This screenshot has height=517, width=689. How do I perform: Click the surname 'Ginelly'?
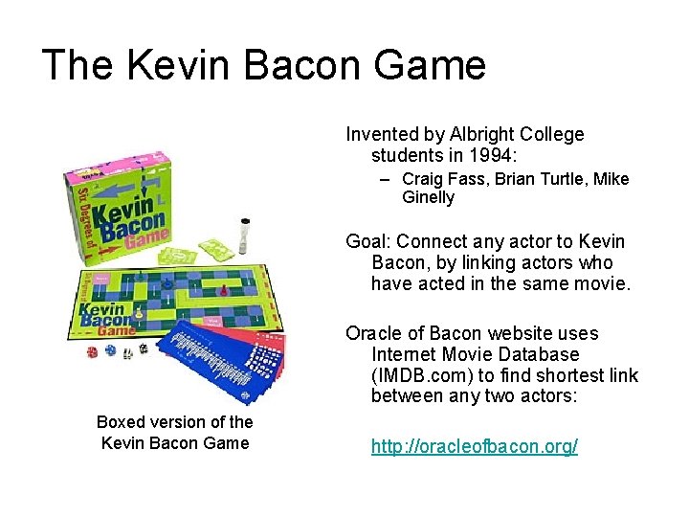[x=428, y=198]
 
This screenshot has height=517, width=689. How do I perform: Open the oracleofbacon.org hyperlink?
[x=474, y=447]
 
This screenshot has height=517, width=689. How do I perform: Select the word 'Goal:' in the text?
[x=368, y=241]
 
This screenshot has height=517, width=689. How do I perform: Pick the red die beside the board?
[x=93, y=351]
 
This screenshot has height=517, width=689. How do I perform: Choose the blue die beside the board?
[x=110, y=351]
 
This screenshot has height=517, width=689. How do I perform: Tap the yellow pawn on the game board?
[x=139, y=312]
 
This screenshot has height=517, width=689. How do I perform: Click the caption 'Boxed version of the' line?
[x=174, y=422]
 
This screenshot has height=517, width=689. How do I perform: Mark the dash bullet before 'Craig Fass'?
[x=384, y=179]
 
